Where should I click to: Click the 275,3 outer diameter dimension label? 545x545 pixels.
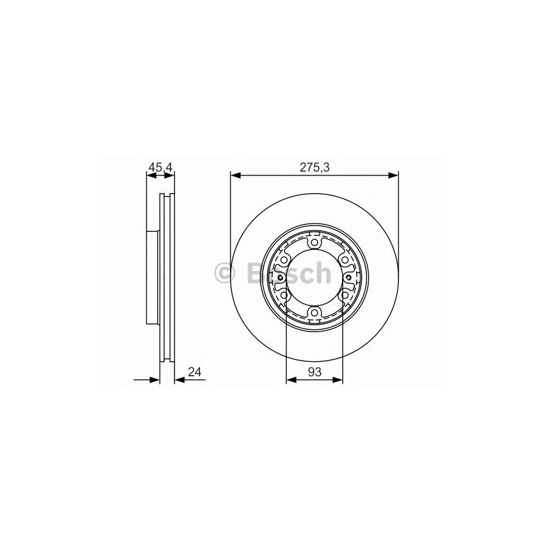click(x=315, y=168)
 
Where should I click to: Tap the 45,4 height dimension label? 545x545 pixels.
click(x=160, y=167)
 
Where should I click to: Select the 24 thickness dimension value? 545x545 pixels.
click(x=195, y=372)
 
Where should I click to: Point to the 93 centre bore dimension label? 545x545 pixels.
click(x=315, y=372)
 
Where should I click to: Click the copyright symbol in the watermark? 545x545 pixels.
click(x=225, y=274)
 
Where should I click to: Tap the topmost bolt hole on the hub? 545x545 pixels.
click(x=315, y=242)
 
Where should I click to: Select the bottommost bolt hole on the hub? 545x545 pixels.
click(x=315, y=313)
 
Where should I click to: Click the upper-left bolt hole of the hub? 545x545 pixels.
click(x=284, y=260)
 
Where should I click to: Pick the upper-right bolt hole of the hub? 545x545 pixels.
click(x=345, y=260)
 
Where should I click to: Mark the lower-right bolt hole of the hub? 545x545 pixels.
click(x=345, y=295)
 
